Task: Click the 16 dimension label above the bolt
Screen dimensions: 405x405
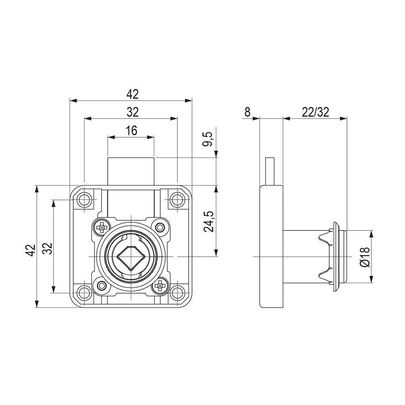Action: click(x=132, y=131)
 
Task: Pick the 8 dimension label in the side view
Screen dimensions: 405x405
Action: click(x=247, y=112)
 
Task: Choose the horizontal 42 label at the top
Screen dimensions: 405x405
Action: click(x=132, y=94)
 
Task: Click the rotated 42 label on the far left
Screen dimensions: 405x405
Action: click(x=30, y=250)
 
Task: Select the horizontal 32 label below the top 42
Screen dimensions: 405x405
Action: click(x=132, y=112)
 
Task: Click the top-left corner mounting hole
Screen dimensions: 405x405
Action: click(x=85, y=200)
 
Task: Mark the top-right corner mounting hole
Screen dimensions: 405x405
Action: click(x=177, y=200)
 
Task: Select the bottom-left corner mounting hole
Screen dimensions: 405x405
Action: click(x=85, y=293)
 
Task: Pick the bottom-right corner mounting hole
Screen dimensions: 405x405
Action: click(x=177, y=293)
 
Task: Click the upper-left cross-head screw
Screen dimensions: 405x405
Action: click(x=102, y=228)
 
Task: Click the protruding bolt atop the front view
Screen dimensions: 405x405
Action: click(x=131, y=171)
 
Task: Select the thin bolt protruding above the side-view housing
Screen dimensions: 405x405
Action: click(x=270, y=171)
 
